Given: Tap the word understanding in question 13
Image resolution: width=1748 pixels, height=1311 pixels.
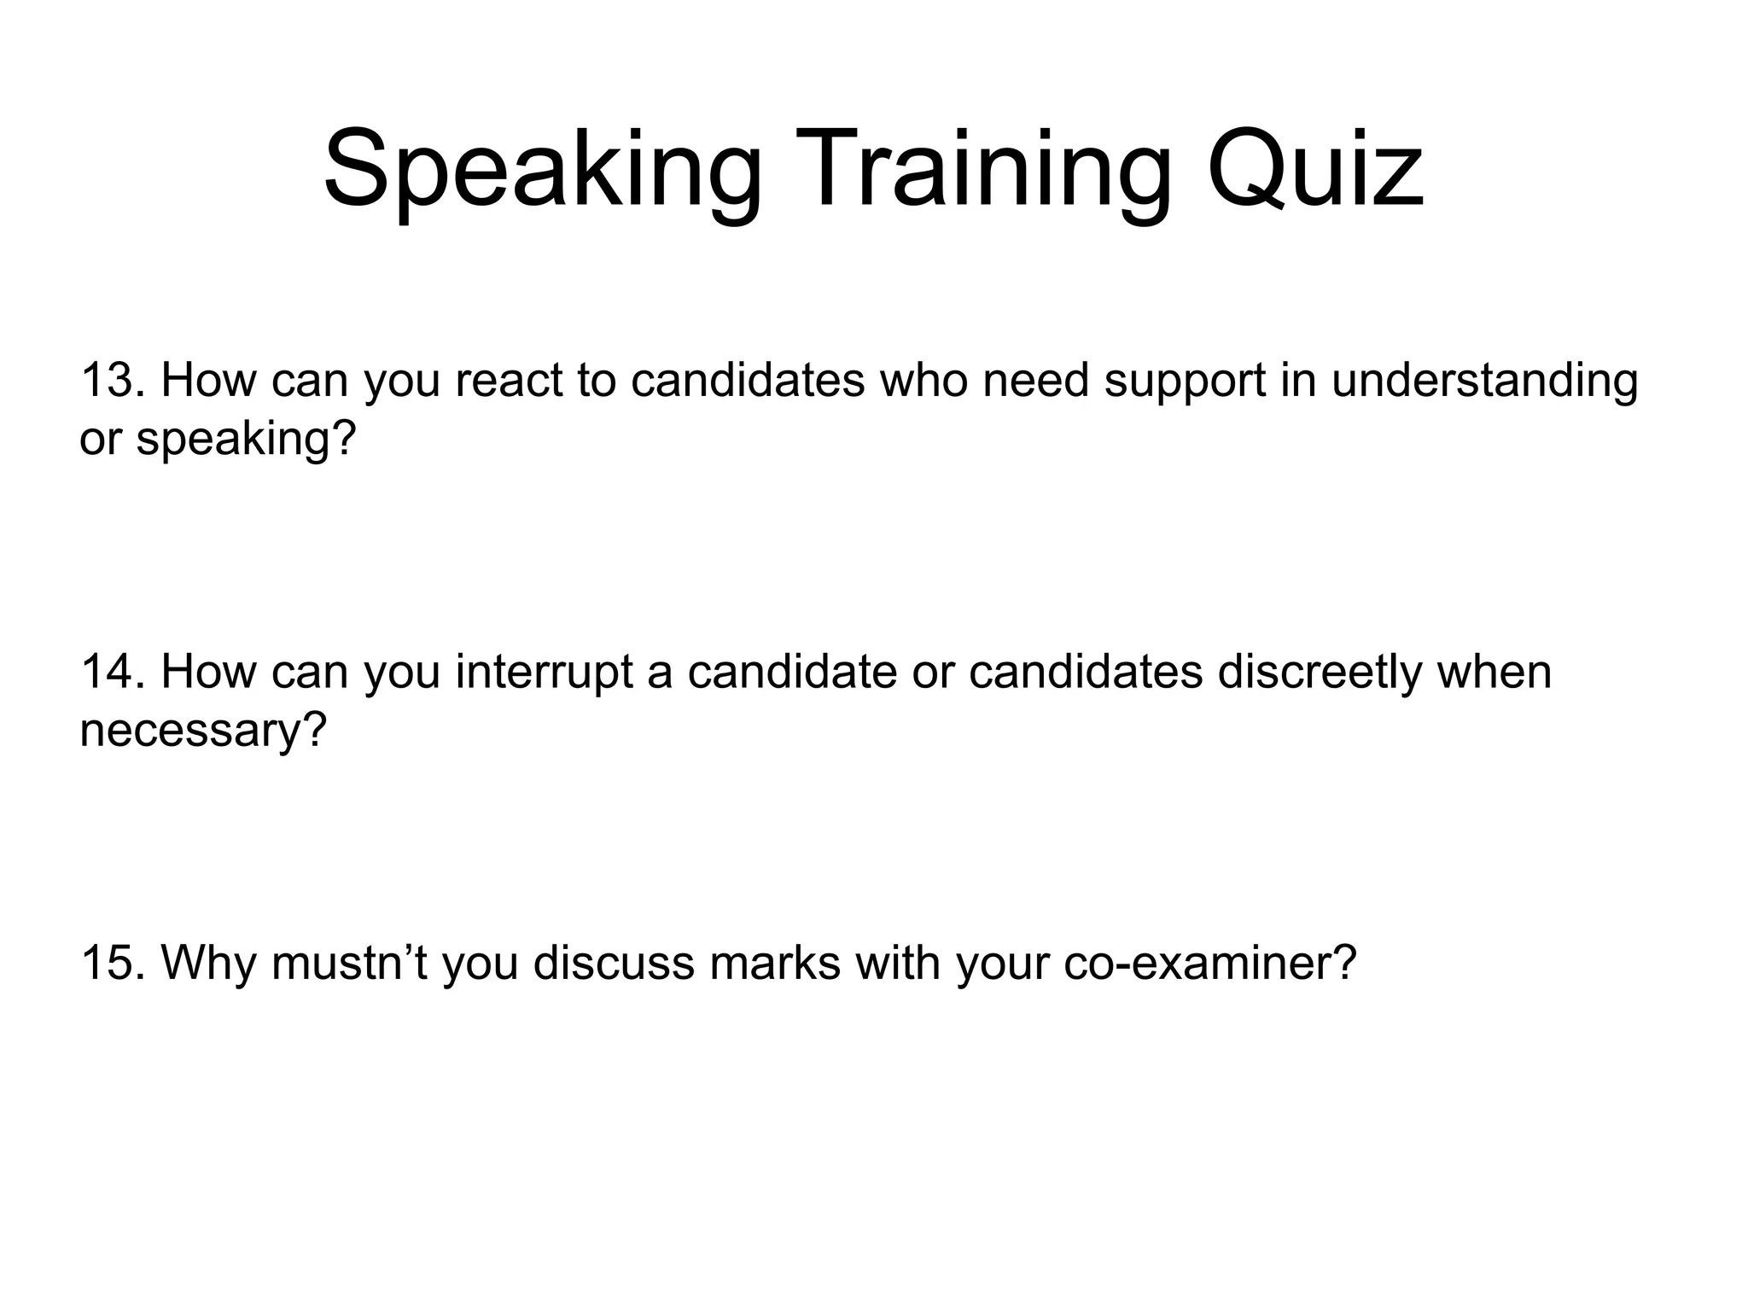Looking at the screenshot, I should point(1484,381).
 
